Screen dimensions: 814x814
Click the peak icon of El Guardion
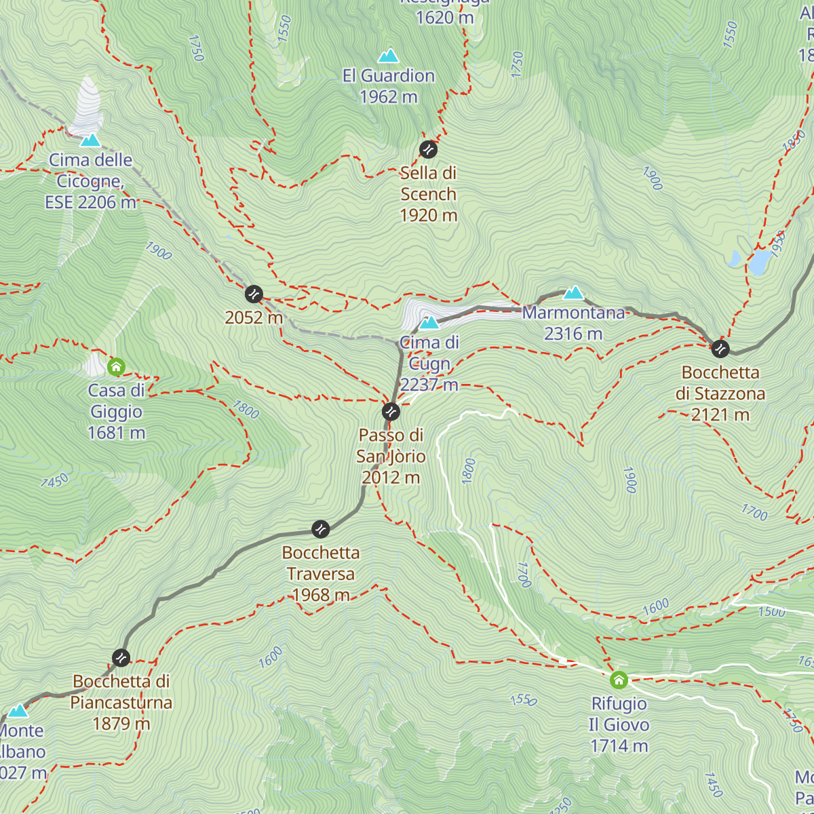pos(388,56)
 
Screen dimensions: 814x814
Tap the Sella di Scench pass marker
pos(428,149)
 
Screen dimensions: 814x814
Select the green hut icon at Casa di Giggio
pos(116,367)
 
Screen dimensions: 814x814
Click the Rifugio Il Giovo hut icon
pos(619,680)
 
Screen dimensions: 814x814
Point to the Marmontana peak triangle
pos(573,293)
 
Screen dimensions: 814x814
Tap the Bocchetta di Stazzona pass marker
pos(720,349)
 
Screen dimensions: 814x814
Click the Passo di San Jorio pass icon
pos(391,411)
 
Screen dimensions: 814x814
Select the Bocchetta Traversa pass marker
pos(320,529)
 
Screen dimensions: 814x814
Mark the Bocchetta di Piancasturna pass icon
pos(121,657)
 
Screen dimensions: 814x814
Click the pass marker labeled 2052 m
pos(254,294)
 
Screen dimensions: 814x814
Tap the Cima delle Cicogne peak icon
pos(90,140)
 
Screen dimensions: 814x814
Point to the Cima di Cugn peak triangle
pos(429,323)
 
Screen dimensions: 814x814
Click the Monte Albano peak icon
pos(18,711)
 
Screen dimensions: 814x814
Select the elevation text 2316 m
pos(573,334)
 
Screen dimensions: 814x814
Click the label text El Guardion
pos(388,76)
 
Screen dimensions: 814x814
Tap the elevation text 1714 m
pos(619,746)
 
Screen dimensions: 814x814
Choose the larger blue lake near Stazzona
pos(760,263)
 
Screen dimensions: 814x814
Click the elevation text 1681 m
pos(116,433)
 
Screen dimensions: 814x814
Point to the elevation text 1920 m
pos(428,216)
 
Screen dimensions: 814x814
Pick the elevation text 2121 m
pos(720,414)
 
